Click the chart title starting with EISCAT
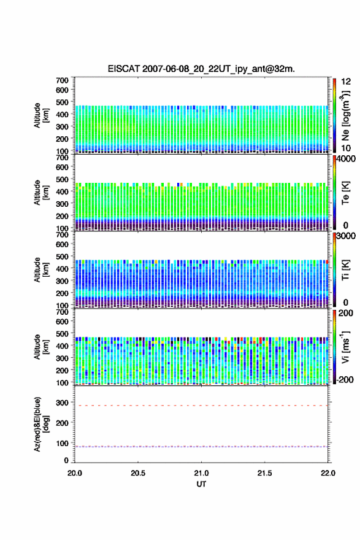pyautogui.click(x=201, y=69)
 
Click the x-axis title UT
pyautogui.click(x=201, y=484)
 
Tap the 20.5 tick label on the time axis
pyautogui.click(x=138, y=473)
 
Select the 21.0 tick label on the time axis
pyautogui.click(x=201, y=473)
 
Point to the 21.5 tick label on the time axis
pyautogui.click(x=265, y=473)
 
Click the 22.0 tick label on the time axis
pyautogui.click(x=328, y=473)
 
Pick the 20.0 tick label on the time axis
pyautogui.click(x=75, y=473)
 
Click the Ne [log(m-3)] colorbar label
pyautogui.click(x=345, y=115)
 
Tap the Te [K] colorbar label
pyautogui.click(x=345, y=193)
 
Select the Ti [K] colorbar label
pyautogui.click(x=345, y=270)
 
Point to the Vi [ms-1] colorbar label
pyautogui.click(x=345, y=347)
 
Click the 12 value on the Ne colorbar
pyautogui.click(x=345, y=82)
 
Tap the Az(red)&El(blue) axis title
pyautogui.click(x=41, y=424)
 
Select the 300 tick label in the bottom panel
pyautogui.click(x=63, y=403)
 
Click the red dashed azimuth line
pyautogui.click(x=201, y=406)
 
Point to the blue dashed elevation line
pyautogui.click(x=201, y=447)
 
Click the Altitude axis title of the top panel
pyautogui.click(x=41, y=115)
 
